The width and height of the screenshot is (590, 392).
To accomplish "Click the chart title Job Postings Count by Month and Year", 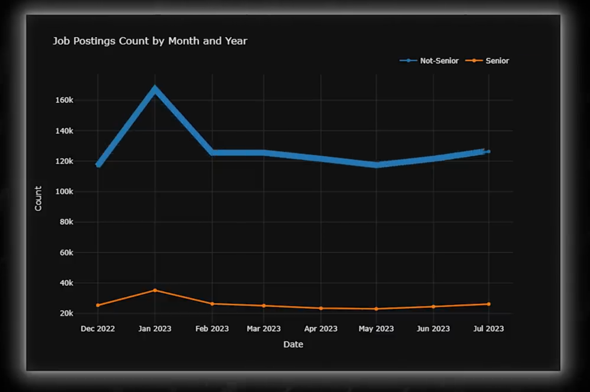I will [150, 41].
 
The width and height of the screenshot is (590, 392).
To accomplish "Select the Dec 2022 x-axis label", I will [98, 329].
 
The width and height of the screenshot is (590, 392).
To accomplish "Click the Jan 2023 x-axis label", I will [155, 329].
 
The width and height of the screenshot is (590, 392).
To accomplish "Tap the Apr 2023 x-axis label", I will [321, 329].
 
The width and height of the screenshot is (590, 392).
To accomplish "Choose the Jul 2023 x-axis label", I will [488, 329].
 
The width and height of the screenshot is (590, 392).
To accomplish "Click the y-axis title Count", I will [38, 198].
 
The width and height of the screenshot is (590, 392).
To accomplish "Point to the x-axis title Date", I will [293, 344].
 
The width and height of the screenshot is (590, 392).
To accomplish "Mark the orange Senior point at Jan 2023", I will [155, 290].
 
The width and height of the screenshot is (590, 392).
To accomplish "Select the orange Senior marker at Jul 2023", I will [488, 304].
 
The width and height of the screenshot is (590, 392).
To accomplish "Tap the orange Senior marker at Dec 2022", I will [98, 305].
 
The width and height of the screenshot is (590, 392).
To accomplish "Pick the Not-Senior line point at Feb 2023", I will [212, 152].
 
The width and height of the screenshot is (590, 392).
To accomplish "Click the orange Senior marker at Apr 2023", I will [321, 308].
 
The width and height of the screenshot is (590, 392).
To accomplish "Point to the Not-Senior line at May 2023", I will [376, 165].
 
